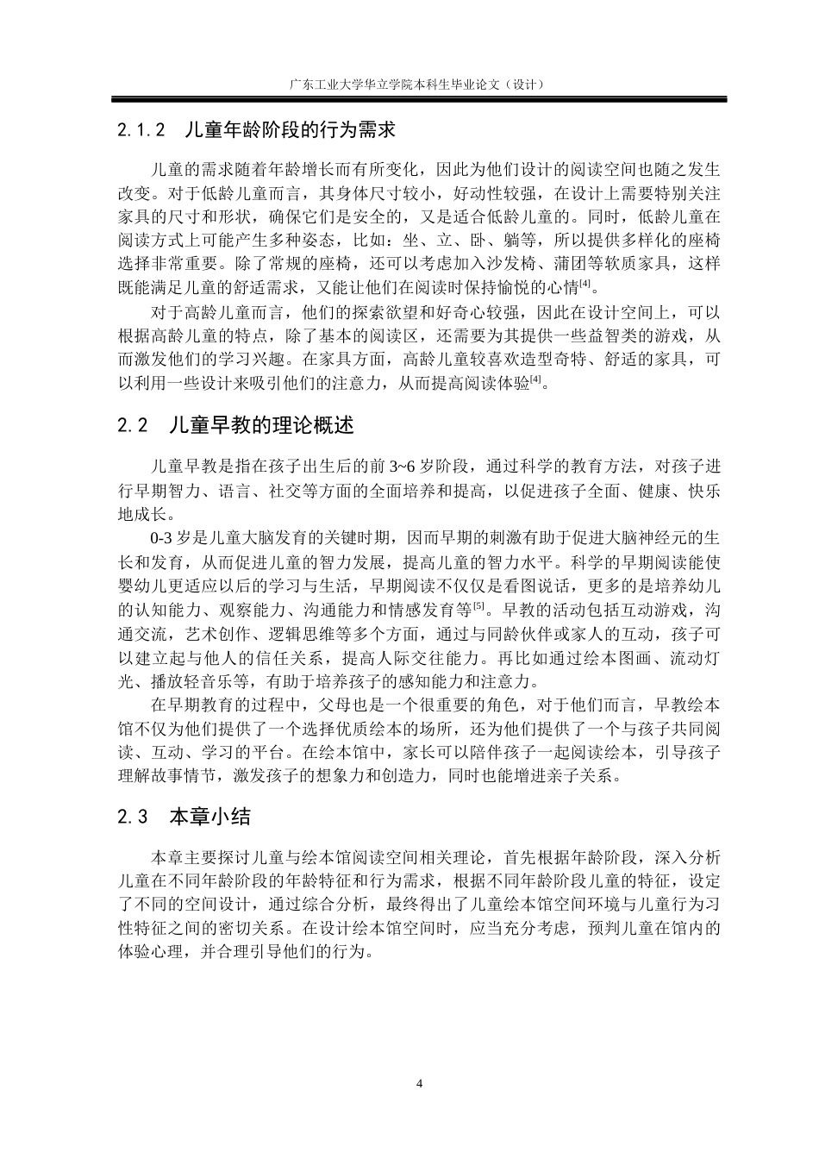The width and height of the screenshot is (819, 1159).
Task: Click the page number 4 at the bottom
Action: point(419,1083)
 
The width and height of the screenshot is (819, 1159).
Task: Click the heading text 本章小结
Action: point(209,817)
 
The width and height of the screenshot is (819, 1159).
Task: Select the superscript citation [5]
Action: point(479,606)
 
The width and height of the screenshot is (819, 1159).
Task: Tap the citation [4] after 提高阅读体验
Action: point(535,379)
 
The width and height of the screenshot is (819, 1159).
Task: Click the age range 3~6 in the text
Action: point(401,467)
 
